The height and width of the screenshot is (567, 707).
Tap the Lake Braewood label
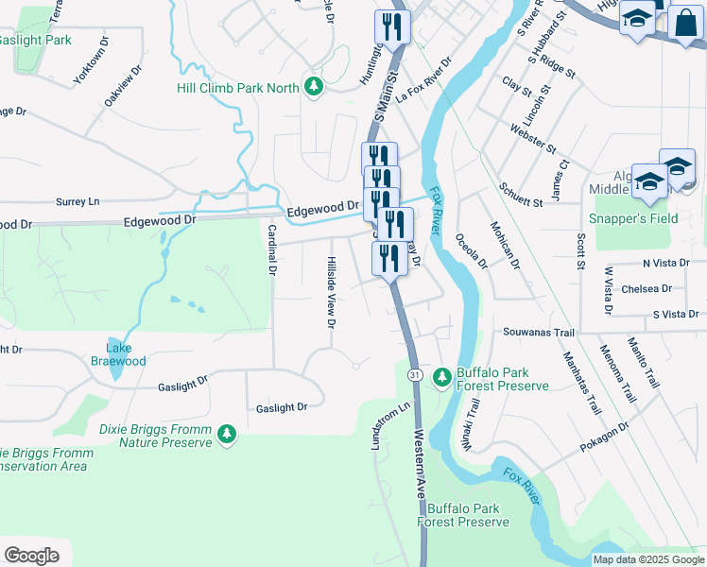coord(118,354)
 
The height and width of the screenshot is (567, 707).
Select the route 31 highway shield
coord(415,376)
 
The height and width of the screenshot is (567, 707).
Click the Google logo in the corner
coord(31,555)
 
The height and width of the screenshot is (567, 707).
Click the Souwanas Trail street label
coord(539,333)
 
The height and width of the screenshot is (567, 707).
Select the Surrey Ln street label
coord(78,202)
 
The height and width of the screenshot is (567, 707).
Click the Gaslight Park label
coord(35,41)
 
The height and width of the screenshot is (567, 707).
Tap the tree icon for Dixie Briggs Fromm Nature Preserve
coord(226,434)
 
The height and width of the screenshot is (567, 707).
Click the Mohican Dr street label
coord(505,245)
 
